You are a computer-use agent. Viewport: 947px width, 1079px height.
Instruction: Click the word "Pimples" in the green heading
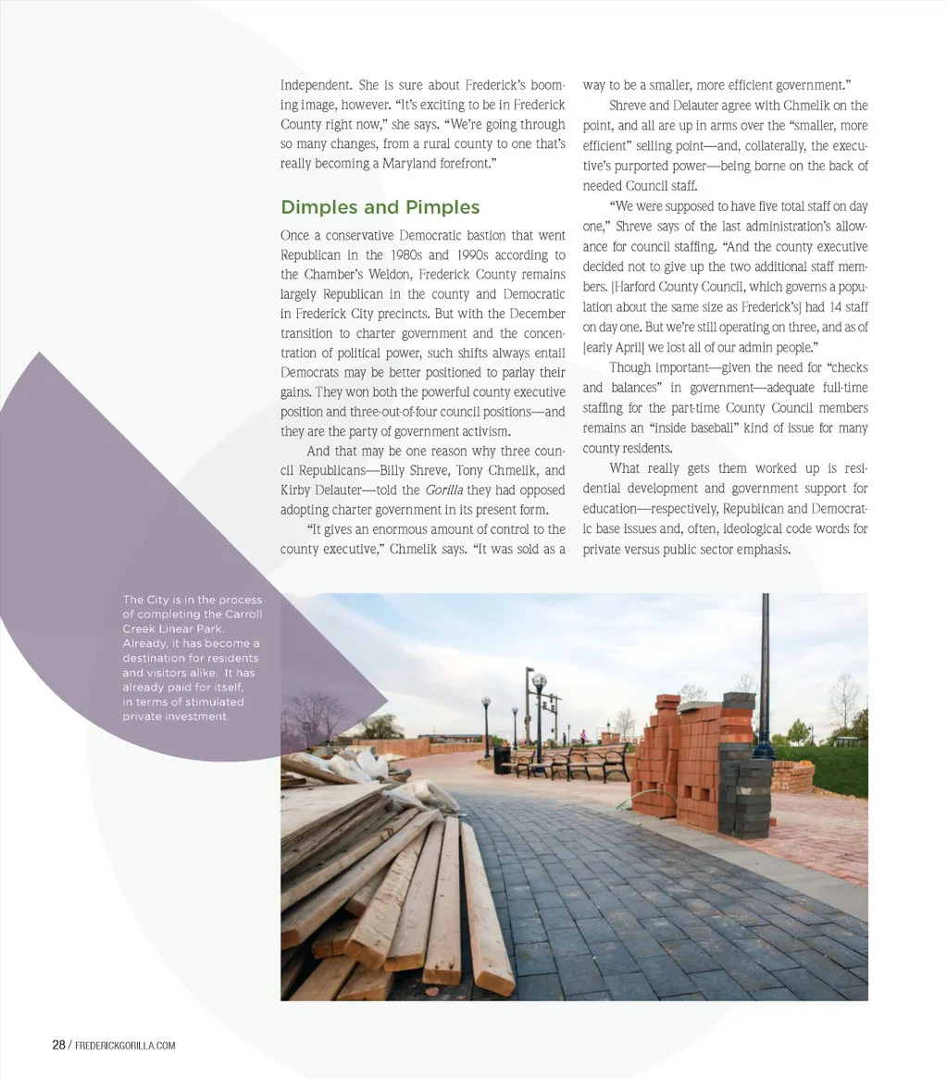(442, 207)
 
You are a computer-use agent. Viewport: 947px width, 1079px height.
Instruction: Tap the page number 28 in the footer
(58, 1045)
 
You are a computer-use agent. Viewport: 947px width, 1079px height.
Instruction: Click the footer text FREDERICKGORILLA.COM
(124, 1046)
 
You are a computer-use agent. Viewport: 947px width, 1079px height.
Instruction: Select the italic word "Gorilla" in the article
(444, 490)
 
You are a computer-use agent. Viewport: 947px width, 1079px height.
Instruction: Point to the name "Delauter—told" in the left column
(323, 490)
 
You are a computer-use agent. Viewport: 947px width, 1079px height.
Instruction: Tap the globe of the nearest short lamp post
(539, 683)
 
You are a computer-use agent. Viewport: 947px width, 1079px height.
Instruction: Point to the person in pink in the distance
(582, 738)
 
